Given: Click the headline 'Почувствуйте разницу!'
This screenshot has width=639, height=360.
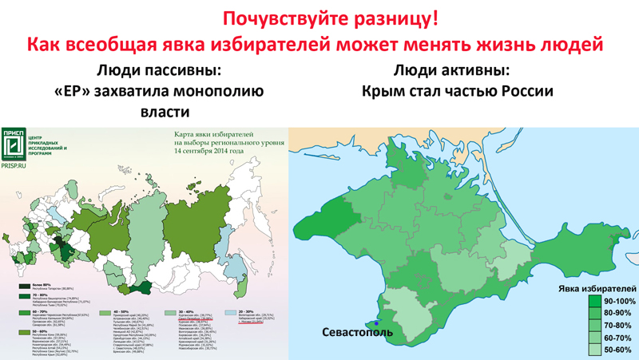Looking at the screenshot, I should [319, 18].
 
